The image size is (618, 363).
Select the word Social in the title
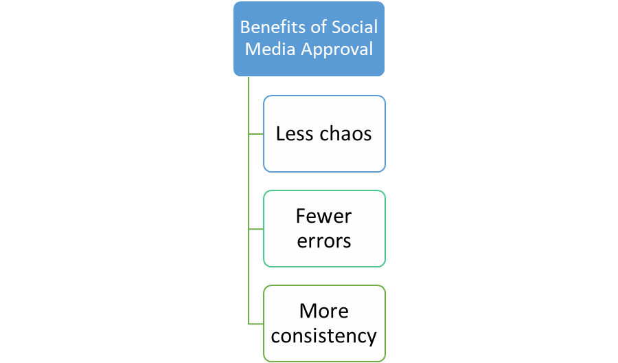point(355,27)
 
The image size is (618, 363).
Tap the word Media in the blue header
point(270,49)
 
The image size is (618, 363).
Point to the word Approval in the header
point(337,50)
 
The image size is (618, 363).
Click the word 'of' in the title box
point(319,27)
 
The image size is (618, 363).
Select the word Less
point(295,134)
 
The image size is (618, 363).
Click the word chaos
point(345,134)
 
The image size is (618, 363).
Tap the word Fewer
point(323,217)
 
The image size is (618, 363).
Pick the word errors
point(324,241)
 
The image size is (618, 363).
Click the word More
point(324,311)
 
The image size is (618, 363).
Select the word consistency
point(324,336)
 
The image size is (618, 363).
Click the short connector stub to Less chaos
point(256,134)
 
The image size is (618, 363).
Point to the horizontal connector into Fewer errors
point(256,229)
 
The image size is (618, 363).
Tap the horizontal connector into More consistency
point(256,324)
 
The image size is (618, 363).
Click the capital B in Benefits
point(245,27)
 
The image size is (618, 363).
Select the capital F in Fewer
point(301,217)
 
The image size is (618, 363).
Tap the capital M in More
point(307,311)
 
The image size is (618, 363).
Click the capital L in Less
point(280,134)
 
